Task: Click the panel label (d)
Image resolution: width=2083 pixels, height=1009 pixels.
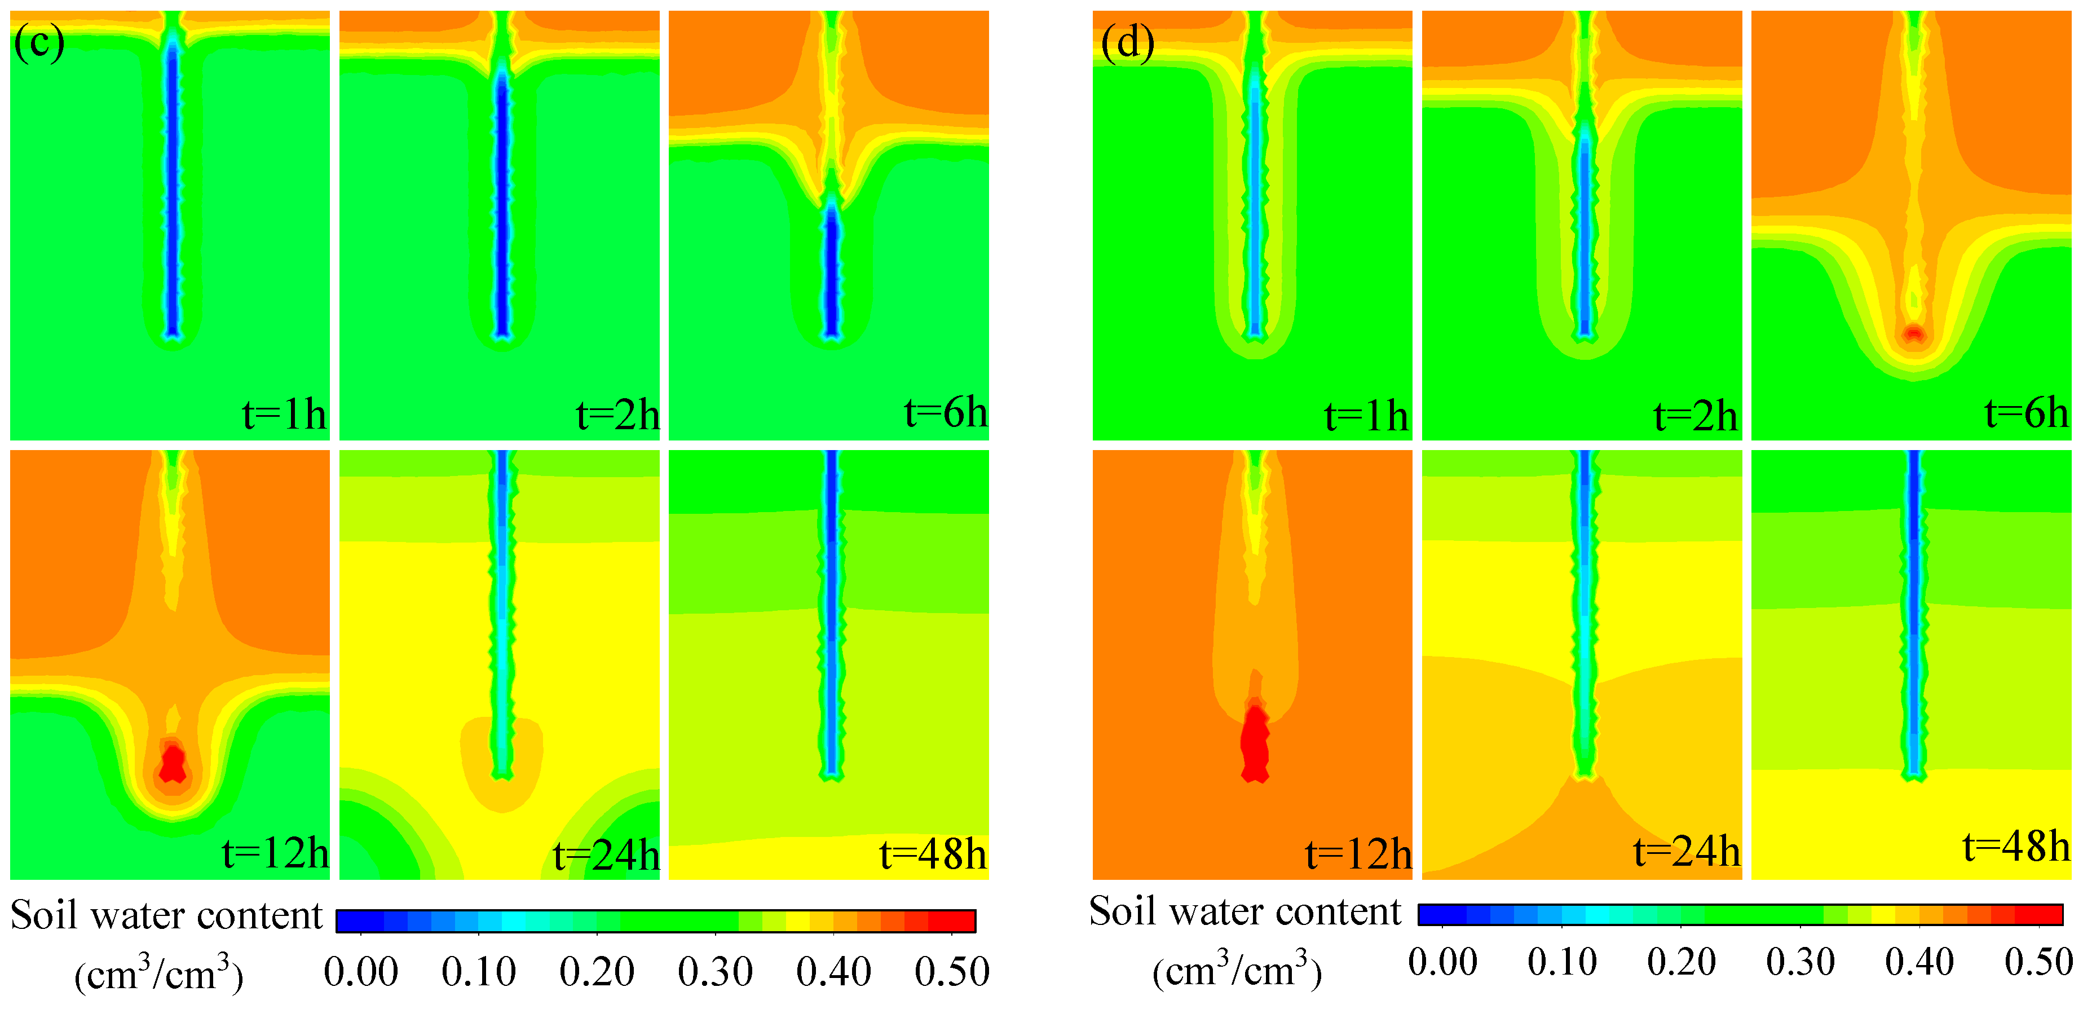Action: point(1127,42)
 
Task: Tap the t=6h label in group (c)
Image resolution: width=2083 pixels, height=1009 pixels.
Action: point(945,413)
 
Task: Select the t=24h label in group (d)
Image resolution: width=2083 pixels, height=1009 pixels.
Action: point(1686,852)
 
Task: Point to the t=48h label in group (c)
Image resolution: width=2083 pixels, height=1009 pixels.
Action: point(932,854)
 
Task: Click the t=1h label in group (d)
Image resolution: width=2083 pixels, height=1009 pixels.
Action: point(1366,416)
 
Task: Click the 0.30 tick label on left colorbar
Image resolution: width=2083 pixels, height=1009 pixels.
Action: point(715,972)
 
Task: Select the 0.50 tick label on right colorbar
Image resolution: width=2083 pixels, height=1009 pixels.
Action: point(2038,963)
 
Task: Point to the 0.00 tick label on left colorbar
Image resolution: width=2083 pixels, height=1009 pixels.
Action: point(361,972)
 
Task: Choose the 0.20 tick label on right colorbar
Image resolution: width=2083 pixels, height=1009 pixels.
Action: point(1680,963)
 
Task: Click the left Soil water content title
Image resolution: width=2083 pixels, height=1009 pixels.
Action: point(166,916)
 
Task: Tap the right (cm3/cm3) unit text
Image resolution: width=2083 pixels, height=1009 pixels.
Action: point(1237,970)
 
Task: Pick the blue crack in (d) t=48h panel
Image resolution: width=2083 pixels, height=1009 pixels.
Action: point(1913,614)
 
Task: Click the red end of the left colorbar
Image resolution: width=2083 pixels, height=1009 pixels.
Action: point(954,921)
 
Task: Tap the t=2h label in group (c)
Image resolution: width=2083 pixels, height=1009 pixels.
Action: point(617,416)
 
